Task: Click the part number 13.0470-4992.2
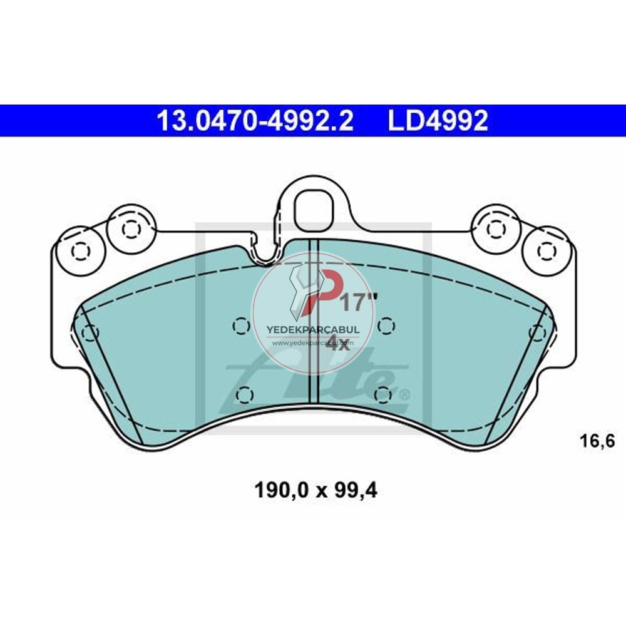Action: [x=255, y=121]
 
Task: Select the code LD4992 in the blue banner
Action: [x=438, y=121]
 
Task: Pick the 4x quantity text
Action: [x=339, y=344]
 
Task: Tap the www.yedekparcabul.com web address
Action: [x=313, y=342]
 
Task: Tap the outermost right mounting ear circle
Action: [x=546, y=251]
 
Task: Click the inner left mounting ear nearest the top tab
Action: [x=130, y=229]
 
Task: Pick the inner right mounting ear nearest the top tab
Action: [x=496, y=229]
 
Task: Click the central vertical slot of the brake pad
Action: [x=315, y=319]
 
